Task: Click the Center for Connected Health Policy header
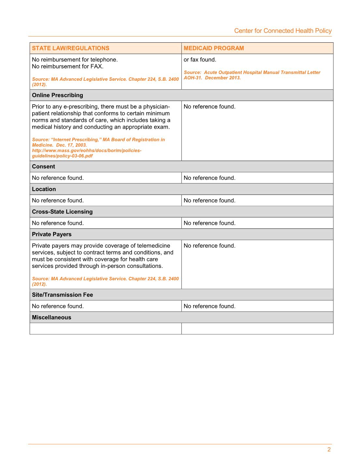click(x=283, y=31)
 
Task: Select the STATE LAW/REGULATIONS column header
click(x=71, y=48)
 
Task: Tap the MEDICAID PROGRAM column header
click(x=214, y=48)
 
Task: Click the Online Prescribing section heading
click(x=57, y=95)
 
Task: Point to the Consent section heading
click(x=43, y=167)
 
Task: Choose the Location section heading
click(x=44, y=189)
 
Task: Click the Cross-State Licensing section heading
click(x=62, y=211)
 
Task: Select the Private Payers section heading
click(x=51, y=234)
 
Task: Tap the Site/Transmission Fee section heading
click(x=62, y=295)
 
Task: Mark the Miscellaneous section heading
click(x=51, y=317)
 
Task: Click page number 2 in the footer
click(x=329, y=449)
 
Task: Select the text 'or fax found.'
click(x=200, y=60)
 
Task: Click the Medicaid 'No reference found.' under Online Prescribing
click(x=209, y=107)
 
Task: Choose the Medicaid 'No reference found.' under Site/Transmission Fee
click(x=209, y=306)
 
